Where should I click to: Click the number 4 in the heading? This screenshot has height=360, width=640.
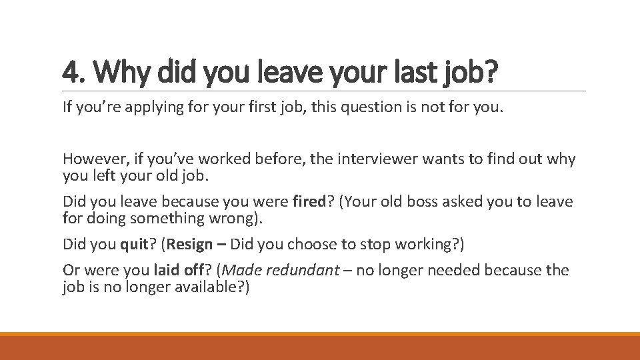(69, 71)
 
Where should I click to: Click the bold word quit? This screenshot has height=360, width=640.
(134, 245)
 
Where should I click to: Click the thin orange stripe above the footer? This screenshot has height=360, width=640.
(320, 334)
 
